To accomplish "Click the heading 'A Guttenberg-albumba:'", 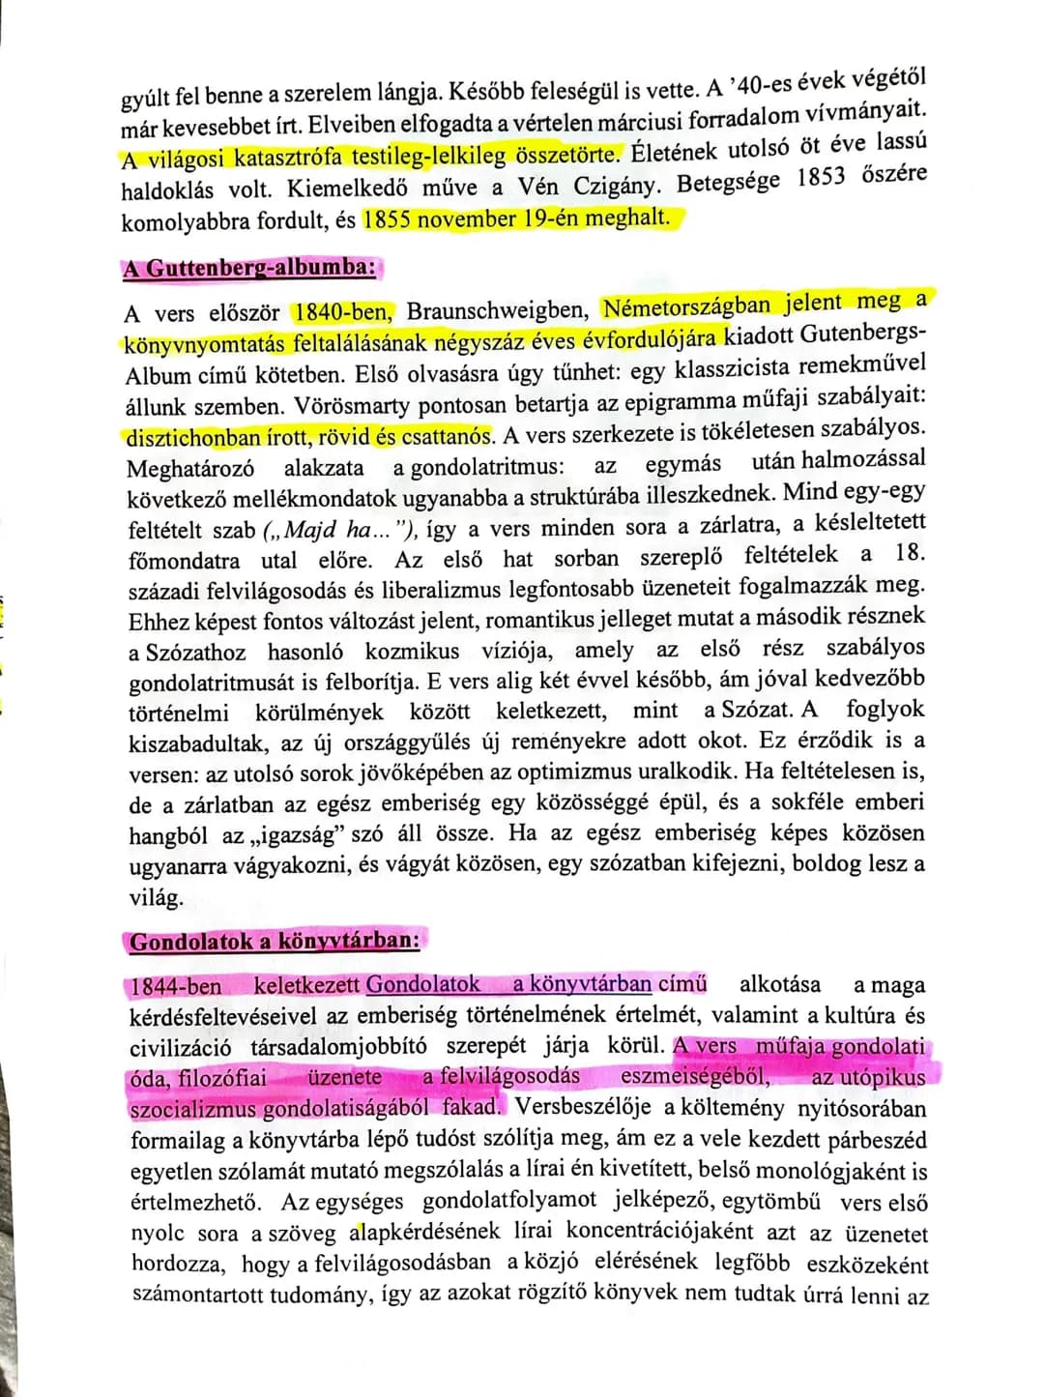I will click(x=249, y=268).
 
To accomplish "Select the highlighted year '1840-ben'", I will click(x=342, y=312).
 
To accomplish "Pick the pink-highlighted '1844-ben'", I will click(x=176, y=986).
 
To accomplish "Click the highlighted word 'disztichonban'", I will click(x=193, y=437).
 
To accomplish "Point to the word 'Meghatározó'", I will click(x=190, y=469).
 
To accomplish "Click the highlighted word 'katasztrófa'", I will click(x=292, y=157).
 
